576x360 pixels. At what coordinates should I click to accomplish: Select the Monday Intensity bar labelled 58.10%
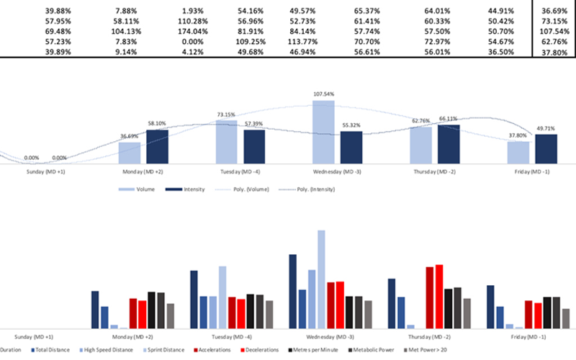157,148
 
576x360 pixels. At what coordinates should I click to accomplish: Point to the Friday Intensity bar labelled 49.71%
546,150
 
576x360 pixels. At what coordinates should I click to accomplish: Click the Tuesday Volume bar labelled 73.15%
227,143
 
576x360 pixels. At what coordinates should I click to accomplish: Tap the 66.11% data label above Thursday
449,119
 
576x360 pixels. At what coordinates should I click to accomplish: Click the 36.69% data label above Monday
130,136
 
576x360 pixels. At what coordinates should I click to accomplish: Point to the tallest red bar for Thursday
439,297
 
